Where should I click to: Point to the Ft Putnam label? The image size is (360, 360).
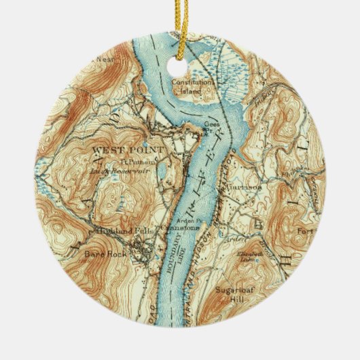[x=137, y=161]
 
